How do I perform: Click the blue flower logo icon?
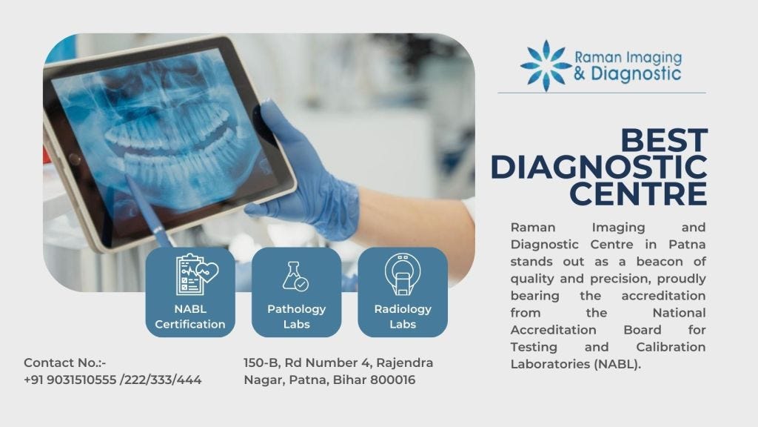click(x=546, y=66)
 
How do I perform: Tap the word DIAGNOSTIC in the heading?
click(x=598, y=168)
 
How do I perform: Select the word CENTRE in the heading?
click(x=637, y=193)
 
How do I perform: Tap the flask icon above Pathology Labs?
click(x=295, y=275)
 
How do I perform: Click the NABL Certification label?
click(x=190, y=317)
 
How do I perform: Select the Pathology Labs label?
click(x=296, y=317)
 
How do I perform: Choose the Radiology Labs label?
click(x=402, y=317)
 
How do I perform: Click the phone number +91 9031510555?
click(x=70, y=380)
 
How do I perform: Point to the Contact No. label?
click(x=65, y=363)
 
